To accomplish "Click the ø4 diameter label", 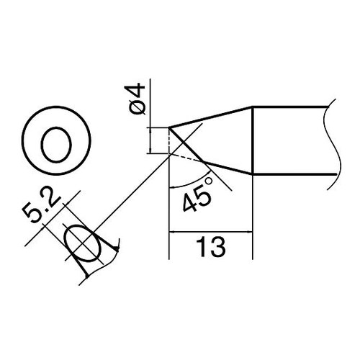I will pos(139,100).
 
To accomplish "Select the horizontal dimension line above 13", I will pos(210,232).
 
